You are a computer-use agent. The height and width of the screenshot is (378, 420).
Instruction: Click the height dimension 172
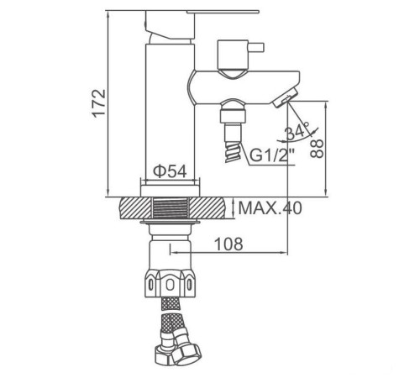pos(97,102)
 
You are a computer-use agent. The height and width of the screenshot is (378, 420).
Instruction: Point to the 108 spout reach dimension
pos(227,244)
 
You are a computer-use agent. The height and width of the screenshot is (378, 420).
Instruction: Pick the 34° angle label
pos(297,132)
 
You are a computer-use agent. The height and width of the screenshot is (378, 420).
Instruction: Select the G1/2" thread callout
pos(271,155)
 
